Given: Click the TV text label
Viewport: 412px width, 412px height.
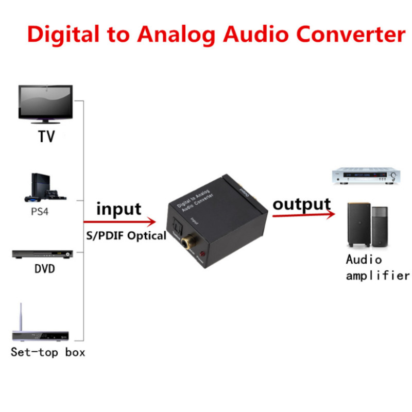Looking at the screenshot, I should [x=46, y=136].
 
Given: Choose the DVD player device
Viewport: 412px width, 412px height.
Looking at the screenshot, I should [x=42, y=254].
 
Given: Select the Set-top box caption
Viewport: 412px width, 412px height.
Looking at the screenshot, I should [x=48, y=353].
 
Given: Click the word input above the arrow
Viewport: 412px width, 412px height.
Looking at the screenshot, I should [x=118, y=209].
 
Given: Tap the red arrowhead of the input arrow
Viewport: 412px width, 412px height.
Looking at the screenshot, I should [x=151, y=222].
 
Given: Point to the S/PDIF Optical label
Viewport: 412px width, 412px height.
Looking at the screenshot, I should [x=126, y=236].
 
